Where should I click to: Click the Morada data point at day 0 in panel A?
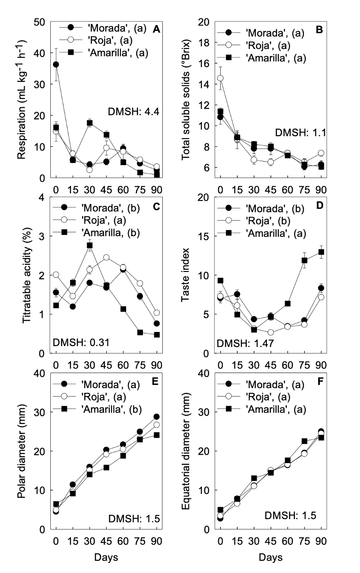coord(56,64)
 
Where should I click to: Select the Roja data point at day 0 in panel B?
coord(220,78)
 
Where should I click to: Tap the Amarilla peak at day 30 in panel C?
coord(90,245)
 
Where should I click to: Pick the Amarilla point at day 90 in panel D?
coord(321,252)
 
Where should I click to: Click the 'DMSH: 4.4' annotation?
coord(132,111)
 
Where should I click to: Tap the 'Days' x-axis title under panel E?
coord(106,557)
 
